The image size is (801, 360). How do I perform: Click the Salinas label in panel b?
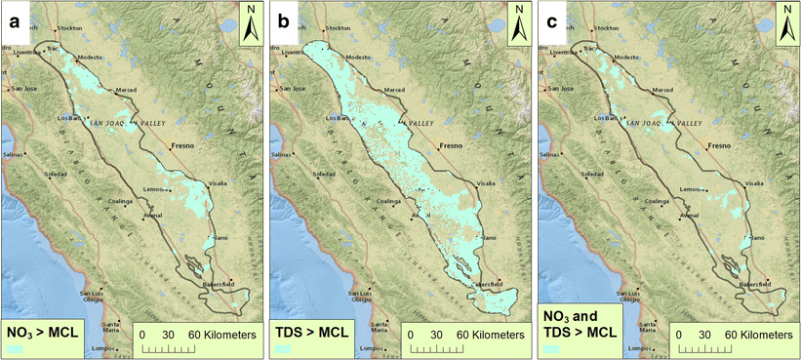[282, 154]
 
